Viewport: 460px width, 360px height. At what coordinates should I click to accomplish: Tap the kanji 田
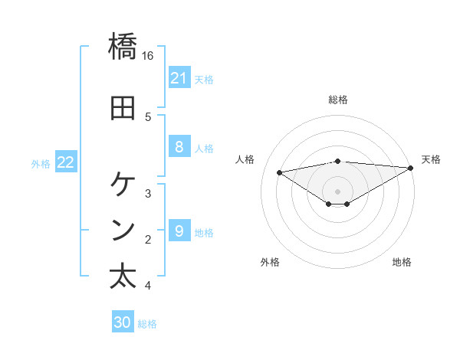[123, 108]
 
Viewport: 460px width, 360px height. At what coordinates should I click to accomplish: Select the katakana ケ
[123, 185]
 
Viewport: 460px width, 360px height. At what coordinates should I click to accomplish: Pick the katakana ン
[123, 229]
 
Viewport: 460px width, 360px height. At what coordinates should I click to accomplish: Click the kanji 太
[123, 276]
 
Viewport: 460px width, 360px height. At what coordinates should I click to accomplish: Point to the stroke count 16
[148, 56]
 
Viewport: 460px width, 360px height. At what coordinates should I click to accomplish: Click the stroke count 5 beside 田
[148, 116]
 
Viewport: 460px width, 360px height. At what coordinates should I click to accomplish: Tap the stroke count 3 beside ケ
[148, 193]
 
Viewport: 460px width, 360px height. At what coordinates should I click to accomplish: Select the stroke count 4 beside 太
[148, 286]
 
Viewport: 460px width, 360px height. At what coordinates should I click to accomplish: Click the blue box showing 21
[179, 78]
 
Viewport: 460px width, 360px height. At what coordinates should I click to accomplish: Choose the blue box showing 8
[179, 148]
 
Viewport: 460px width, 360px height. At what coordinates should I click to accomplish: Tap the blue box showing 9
[179, 231]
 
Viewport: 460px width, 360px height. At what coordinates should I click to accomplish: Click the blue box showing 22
[66, 162]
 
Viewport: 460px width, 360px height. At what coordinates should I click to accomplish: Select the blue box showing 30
[123, 322]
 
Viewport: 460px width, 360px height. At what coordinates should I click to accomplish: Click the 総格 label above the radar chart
[338, 100]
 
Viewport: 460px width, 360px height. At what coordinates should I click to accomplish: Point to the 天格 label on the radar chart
[431, 159]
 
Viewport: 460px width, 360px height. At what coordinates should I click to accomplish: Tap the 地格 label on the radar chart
[402, 262]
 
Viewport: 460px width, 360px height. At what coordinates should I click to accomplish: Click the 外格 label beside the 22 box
[41, 163]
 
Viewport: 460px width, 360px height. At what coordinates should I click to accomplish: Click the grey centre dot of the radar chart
[338, 191]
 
